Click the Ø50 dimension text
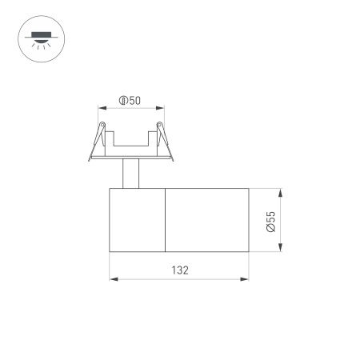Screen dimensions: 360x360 click(130, 101)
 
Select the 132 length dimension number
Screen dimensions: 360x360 click(180, 270)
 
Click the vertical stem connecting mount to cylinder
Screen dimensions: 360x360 click(130, 174)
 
